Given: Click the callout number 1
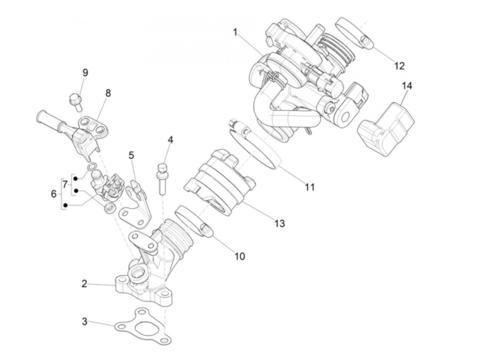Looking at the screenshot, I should click(x=235, y=33).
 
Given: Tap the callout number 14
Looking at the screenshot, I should click(x=407, y=86).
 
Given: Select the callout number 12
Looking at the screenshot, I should click(x=399, y=65).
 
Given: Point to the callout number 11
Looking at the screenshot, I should click(x=310, y=187).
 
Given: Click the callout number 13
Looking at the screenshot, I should click(x=280, y=223).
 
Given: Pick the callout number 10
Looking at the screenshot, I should click(x=240, y=256).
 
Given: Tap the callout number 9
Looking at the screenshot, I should click(x=85, y=73).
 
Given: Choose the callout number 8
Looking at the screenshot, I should click(x=108, y=93).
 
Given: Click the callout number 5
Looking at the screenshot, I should click(x=131, y=155).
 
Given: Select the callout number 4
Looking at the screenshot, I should click(x=170, y=140).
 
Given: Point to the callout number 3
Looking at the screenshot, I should click(x=85, y=322).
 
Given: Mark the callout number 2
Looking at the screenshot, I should click(x=85, y=284).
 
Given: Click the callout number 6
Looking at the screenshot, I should click(x=54, y=194).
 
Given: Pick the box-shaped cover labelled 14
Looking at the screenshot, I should click(x=387, y=128).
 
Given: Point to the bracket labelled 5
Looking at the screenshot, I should click(x=137, y=205).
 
